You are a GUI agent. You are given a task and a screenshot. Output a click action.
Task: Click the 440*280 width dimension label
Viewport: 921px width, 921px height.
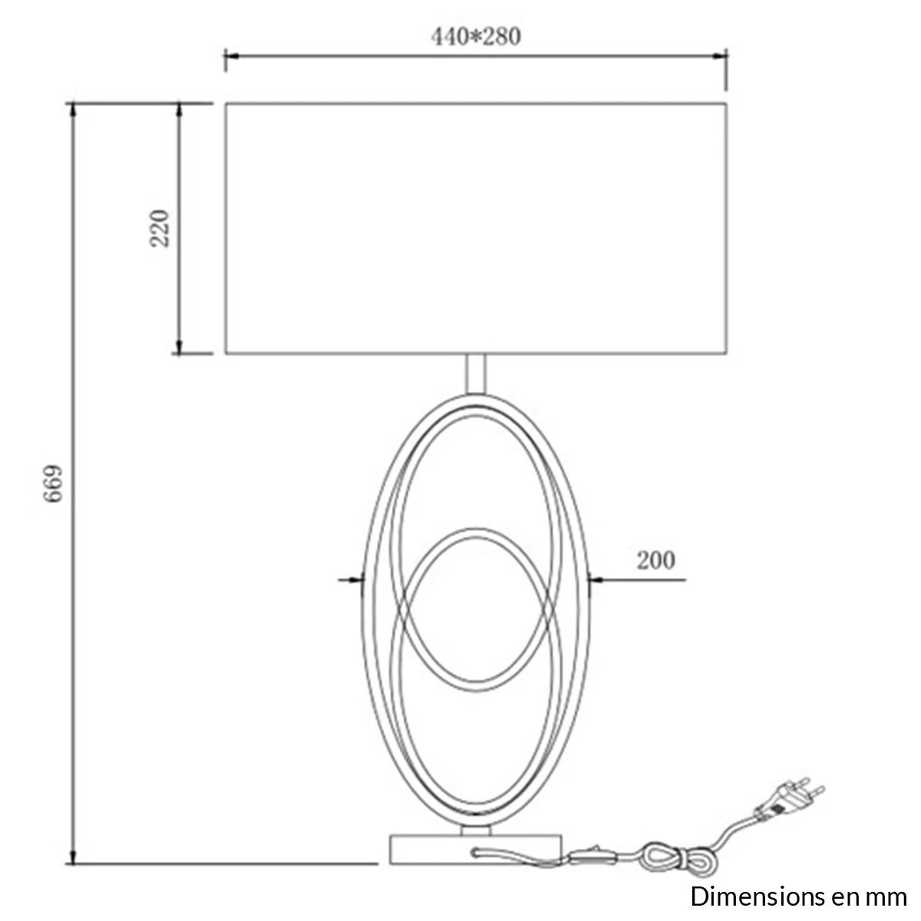476,37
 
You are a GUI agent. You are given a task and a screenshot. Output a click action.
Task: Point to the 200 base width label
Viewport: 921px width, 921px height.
655,560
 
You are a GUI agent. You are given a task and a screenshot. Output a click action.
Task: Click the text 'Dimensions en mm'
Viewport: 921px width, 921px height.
798,896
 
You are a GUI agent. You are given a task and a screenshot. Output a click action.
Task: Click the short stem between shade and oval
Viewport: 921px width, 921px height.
475,374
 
